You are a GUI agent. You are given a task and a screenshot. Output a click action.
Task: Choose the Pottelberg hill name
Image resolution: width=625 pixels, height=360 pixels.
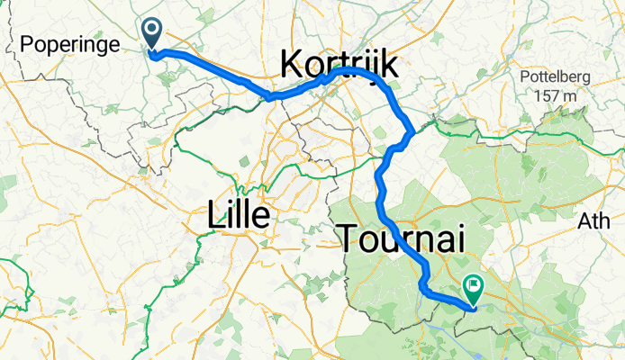554,76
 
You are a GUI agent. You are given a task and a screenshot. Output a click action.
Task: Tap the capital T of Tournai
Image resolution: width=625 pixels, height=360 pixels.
350,238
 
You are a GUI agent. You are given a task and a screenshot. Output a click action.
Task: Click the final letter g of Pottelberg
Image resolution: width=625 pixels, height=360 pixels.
585,78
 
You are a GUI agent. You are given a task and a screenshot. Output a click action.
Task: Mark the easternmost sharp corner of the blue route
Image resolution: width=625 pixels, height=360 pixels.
412,134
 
